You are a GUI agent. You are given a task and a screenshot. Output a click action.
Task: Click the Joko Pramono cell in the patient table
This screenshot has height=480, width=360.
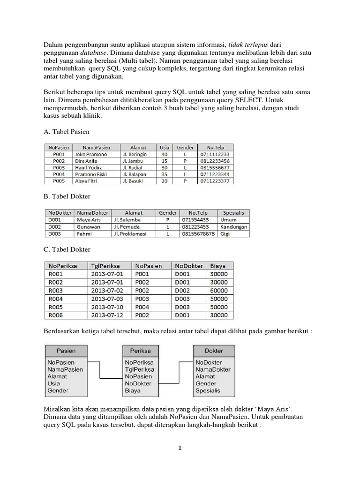pos(90,154)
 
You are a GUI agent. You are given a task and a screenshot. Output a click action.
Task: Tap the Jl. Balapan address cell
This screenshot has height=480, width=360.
pos(135,174)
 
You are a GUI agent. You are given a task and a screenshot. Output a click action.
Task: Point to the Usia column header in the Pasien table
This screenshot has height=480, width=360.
pos(164,147)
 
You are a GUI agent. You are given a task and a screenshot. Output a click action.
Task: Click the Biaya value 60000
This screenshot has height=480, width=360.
pos(219,290)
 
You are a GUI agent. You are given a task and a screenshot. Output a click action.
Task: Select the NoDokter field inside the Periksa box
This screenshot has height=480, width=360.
pos(138,383)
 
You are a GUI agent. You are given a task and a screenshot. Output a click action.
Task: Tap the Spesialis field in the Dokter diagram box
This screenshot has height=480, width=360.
pos(208,390)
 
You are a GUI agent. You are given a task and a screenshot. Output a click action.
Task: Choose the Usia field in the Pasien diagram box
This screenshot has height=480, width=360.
pos(53,383)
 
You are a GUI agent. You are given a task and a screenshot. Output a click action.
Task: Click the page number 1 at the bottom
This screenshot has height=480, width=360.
pos(180,448)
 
